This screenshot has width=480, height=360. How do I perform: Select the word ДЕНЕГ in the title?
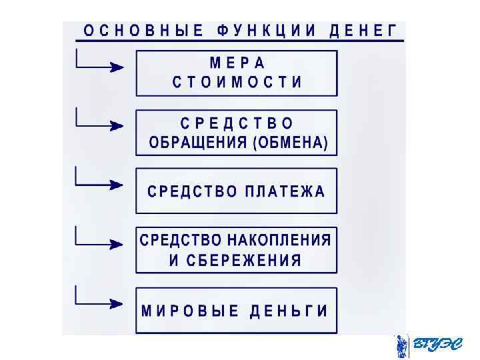[x=364, y=31]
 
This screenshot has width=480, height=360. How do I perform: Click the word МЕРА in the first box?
[x=237, y=63]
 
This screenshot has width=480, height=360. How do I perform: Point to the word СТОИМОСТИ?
[x=237, y=83]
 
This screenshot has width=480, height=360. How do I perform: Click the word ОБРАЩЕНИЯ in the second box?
[x=198, y=143]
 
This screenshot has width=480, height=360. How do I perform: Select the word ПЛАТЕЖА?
[x=285, y=191]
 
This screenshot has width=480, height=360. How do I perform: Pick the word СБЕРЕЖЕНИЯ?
[x=244, y=260]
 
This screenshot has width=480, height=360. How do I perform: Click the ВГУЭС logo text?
[x=437, y=345]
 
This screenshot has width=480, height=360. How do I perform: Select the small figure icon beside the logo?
[x=401, y=346]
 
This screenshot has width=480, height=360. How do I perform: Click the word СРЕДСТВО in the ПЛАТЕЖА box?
[x=192, y=191]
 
